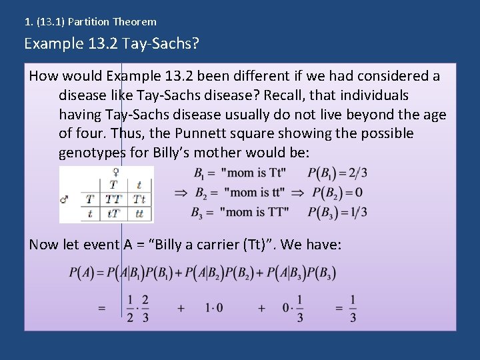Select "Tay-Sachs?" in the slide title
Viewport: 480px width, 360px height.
point(167,44)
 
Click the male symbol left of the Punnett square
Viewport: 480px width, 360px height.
point(65,199)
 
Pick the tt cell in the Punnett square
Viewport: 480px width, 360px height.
point(139,213)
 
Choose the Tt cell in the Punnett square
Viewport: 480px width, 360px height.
point(139,199)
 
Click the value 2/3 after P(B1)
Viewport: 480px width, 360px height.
point(359,173)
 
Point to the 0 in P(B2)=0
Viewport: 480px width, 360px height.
point(359,193)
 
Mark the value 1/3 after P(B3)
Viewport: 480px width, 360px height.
point(359,212)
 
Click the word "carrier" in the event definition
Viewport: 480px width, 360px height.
point(212,245)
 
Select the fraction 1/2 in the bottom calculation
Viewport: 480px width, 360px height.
point(130,309)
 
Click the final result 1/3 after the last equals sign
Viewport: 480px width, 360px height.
point(353,309)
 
